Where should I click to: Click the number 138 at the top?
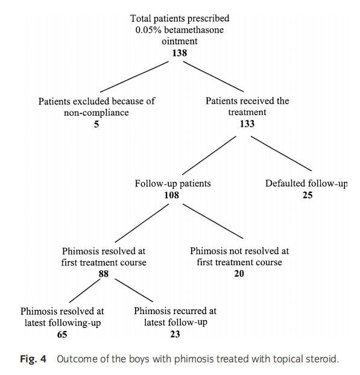(180, 52)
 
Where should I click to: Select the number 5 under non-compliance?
(96, 124)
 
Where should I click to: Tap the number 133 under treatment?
(247, 124)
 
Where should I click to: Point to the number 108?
(171, 195)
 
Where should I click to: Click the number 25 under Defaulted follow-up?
(308, 195)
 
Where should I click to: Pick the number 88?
(104, 274)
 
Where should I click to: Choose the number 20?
(239, 273)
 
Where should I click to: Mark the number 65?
(62, 334)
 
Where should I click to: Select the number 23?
(175, 334)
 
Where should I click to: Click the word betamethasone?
(194, 30)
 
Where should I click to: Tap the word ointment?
(180, 41)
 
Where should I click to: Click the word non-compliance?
(96, 112)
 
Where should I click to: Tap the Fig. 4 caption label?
(33, 359)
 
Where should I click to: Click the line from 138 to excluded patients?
(134, 77)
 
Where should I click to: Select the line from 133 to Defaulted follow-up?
(281, 154)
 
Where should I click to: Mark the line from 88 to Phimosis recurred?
(133, 290)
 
